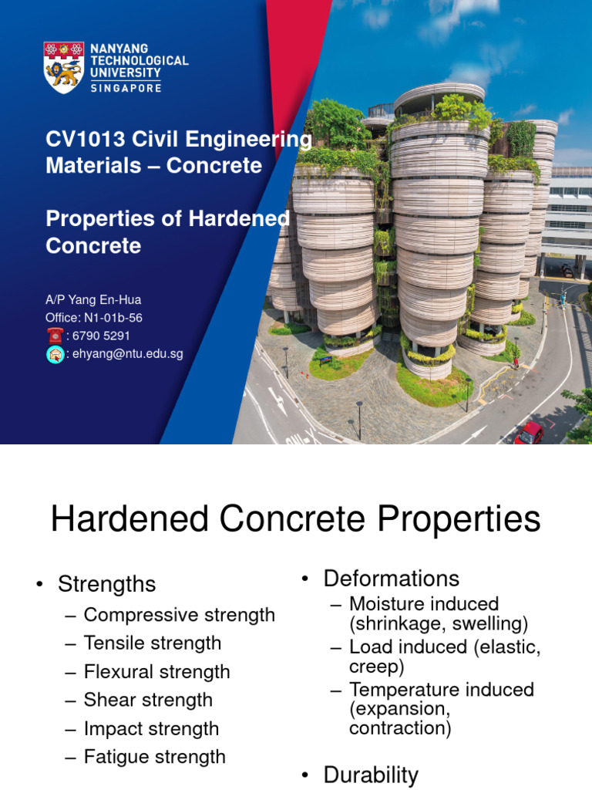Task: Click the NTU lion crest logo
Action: pos(64,68)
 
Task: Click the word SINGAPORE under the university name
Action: pos(126,88)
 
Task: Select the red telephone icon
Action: pos(55,336)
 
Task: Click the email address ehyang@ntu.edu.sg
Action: pos(128,354)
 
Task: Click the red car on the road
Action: pos(529,433)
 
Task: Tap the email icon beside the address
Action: pos(55,354)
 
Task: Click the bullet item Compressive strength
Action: pos(179,615)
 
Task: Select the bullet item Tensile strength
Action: pos(152,643)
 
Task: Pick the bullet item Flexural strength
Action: pos(156,672)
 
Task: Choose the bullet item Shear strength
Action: pos(148,701)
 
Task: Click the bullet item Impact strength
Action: pos(151,729)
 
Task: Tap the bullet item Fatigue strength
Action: pos(154,757)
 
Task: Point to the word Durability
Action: pos(371,775)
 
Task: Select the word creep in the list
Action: pos(376,667)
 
